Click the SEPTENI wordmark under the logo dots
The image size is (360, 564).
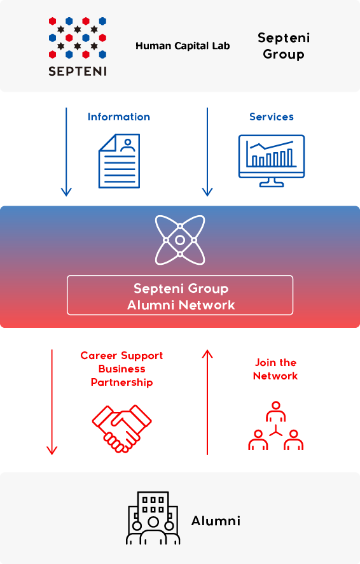click(x=78, y=71)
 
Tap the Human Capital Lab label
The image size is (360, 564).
click(x=183, y=46)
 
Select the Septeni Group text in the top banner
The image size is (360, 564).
click(x=284, y=46)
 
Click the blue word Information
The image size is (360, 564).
click(x=119, y=117)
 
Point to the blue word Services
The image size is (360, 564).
click(x=272, y=117)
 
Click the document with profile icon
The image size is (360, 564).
click(x=120, y=161)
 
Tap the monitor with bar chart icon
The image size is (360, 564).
click(x=272, y=161)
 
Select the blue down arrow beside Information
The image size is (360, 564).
click(x=66, y=152)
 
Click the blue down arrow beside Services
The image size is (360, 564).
click(x=207, y=152)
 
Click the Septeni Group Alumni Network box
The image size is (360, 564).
click(x=180, y=295)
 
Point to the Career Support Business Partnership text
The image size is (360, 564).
click(x=121, y=369)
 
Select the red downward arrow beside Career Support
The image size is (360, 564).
click(x=52, y=402)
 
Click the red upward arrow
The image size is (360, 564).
click(x=207, y=402)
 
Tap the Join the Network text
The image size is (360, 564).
click(x=275, y=369)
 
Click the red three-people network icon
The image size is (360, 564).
click(x=276, y=426)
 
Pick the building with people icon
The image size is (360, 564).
click(x=153, y=518)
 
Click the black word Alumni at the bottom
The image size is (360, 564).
click(x=216, y=521)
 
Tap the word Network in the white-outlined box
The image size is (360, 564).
click(x=207, y=306)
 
